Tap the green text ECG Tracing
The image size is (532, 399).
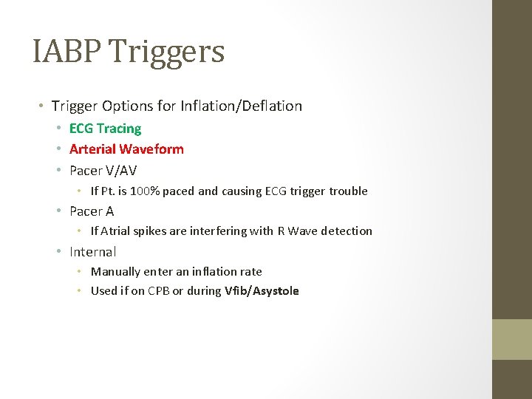click(105, 129)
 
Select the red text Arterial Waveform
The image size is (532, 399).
click(126, 149)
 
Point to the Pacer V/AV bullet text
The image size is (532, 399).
click(103, 170)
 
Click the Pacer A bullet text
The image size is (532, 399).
click(92, 211)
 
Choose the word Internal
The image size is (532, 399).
click(92, 252)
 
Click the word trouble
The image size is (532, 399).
click(348, 191)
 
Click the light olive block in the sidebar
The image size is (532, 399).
click(512, 339)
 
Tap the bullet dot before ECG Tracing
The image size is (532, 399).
click(58, 129)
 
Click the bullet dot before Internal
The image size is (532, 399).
click(58, 252)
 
